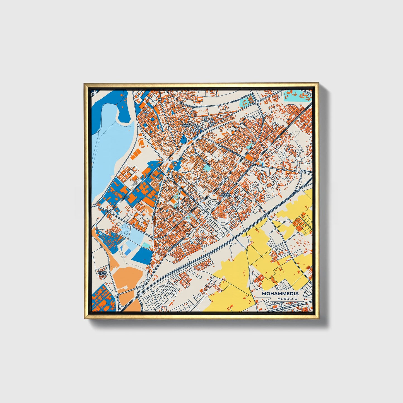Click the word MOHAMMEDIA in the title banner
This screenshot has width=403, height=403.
[280, 294]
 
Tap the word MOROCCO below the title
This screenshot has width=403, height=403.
[287, 299]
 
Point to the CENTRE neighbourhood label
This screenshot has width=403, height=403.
[185, 126]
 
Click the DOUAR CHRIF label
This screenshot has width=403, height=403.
[102, 273]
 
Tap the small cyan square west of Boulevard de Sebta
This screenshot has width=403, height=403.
[206, 168]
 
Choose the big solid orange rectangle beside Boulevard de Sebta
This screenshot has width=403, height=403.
[250, 158]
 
